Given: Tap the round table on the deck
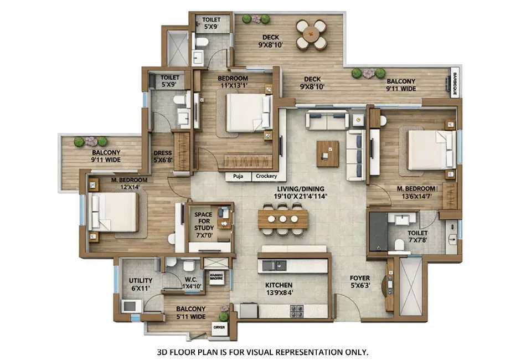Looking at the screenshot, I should pyautogui.click(x=311, y=35).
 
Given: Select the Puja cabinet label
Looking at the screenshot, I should pyautogui.click(x=239, y=177).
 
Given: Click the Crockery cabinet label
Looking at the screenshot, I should pyautogui.click(x=267, y=177).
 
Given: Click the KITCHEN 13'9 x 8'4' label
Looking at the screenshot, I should pyautogui.click(x=279, y=289).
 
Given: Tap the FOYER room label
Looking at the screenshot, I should pyautogui.click(x=360, y=281).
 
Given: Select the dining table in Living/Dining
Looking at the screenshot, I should pyautogui.click(x=283, y=218).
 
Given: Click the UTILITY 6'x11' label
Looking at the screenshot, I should pyautogui.click(x=141, y=285).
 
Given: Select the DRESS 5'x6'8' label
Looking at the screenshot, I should pyautogui.click(x=163, y=157).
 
